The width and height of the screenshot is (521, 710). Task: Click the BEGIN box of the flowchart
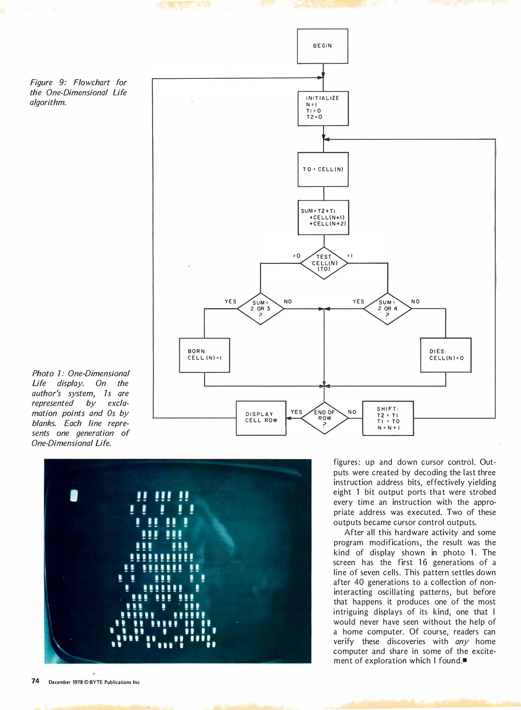tap(322, 46)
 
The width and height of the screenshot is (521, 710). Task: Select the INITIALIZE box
tap(323, 108)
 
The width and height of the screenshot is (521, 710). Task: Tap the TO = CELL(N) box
tap(323, 169)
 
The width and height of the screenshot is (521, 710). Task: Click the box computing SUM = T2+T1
tap(323, 217)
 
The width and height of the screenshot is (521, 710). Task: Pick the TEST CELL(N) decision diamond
tap(324, 263)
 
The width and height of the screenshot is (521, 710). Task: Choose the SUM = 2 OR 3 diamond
tap(260, 309)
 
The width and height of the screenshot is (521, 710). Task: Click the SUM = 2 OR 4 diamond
tap(388, 309)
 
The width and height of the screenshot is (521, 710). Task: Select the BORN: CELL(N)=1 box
tap(204, 355)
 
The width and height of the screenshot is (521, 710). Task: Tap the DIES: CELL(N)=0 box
tap(446, 355)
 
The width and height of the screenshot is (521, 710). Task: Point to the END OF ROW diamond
tap(324, 418)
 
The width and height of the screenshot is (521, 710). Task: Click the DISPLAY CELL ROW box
tap(261, 418)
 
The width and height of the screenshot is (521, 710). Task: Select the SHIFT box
tap(388, 418)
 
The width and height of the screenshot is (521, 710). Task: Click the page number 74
tap(35, 681)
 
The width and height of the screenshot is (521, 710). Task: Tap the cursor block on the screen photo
tap(74, 496)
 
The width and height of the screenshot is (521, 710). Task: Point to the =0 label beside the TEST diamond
tap(297, 256)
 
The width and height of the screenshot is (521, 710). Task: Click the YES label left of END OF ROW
tap(296, 412)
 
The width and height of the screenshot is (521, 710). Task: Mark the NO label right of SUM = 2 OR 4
tap(415, 301)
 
